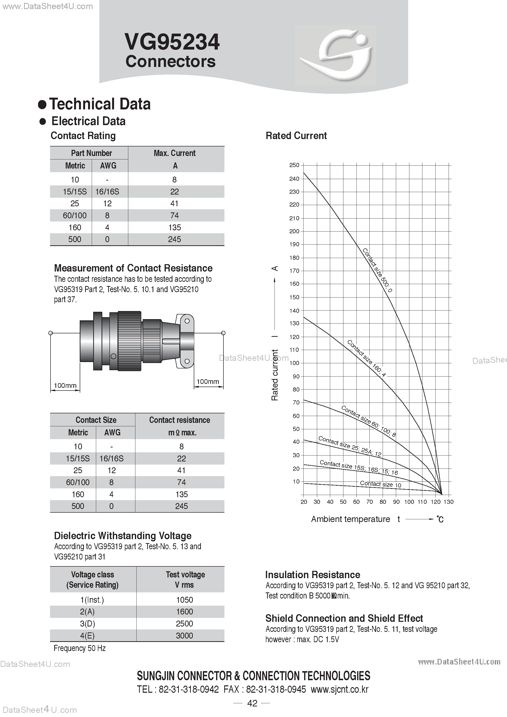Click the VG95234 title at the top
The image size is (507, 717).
(172, 42)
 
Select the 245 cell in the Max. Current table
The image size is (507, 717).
(174, 239)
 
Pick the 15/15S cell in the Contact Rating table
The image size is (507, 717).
(75, 191)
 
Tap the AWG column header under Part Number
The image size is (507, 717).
(108, 166)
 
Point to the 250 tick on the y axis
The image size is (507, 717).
(294, 165)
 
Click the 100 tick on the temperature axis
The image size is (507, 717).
(409, 502)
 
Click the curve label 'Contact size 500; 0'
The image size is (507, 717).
(377, 270)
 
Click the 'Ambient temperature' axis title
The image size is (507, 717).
(350, 519)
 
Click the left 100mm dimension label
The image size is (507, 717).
(65, 385)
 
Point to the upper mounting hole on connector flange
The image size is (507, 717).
(187, 321)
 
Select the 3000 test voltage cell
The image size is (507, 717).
(184, 636)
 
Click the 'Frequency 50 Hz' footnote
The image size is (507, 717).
(80, 648)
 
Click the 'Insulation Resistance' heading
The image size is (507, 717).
(312, 574)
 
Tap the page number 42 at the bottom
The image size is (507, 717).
(252, 703)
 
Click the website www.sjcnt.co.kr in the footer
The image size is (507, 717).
(339, 689)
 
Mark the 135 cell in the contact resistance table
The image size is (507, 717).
(181, 494)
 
